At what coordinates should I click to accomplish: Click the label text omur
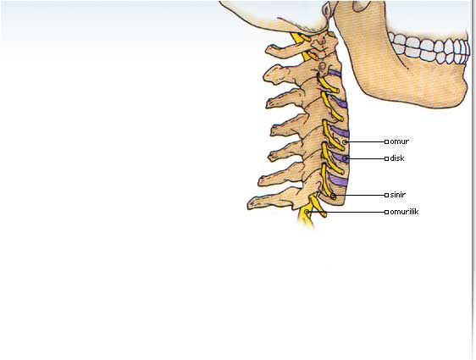coord(399,141)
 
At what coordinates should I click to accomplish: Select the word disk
coord(397,158)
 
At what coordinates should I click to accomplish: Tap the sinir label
coord(398,195)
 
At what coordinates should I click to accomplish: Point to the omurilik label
coord(404,212)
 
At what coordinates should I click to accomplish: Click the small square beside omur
coord(386,141)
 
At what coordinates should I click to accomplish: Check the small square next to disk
coord(386,158)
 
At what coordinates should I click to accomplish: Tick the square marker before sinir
coord(386,195)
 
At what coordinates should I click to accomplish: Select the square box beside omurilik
coord(386,212)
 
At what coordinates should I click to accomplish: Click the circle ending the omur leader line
coord(345,141)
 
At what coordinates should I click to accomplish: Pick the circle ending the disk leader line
coord(346,158)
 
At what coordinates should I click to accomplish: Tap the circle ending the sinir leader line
coord(333,196)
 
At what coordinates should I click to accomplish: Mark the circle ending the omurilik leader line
coord(307,212)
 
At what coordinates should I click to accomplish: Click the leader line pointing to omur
coord(366,141)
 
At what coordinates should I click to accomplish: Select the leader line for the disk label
coord(366,158)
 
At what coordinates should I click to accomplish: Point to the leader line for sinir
coord(360,195)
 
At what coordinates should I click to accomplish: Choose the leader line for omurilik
coord(347,212)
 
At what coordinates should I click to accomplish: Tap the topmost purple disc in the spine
coord(335,73)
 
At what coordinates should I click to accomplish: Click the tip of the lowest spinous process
coord(249,206)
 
